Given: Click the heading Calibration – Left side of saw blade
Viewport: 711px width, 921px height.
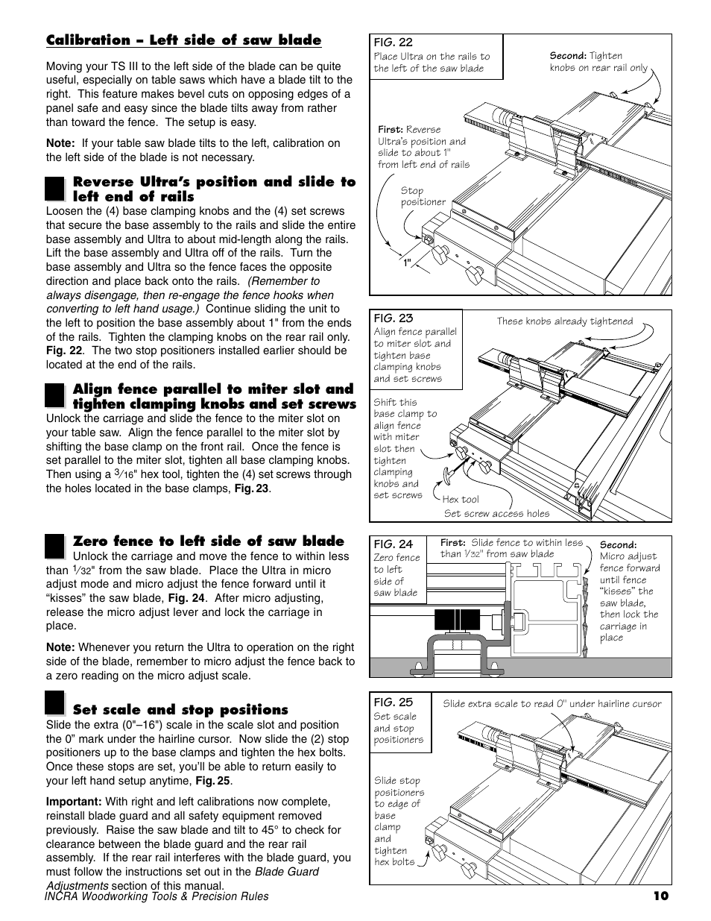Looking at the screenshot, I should (x=183, y=40).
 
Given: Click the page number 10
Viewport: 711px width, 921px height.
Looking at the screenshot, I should (x=662, y=896).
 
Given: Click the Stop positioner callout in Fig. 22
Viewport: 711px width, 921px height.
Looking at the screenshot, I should (x=423, y=196).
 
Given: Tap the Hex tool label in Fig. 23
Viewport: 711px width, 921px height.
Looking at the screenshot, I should (x=461, y=500).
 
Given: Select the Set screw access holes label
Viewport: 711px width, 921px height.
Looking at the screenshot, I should (x=496, y=513).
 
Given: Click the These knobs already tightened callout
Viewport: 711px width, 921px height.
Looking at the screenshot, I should (x=564, y=321).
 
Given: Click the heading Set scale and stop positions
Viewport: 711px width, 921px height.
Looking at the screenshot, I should (x=180, y=710).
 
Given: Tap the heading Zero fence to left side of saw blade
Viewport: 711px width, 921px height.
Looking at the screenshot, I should (x=209, y=541).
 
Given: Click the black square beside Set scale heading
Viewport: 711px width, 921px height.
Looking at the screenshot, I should (x=54, y=704).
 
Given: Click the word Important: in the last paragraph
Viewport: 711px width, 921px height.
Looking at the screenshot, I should (x=74, y=802).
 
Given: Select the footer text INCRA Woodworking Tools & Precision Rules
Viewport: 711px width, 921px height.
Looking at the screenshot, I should (x=157, y=896).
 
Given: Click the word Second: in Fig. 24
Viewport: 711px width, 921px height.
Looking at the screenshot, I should (x=618, y=545).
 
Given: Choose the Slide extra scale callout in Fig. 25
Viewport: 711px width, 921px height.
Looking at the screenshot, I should (x=552, y=703).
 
